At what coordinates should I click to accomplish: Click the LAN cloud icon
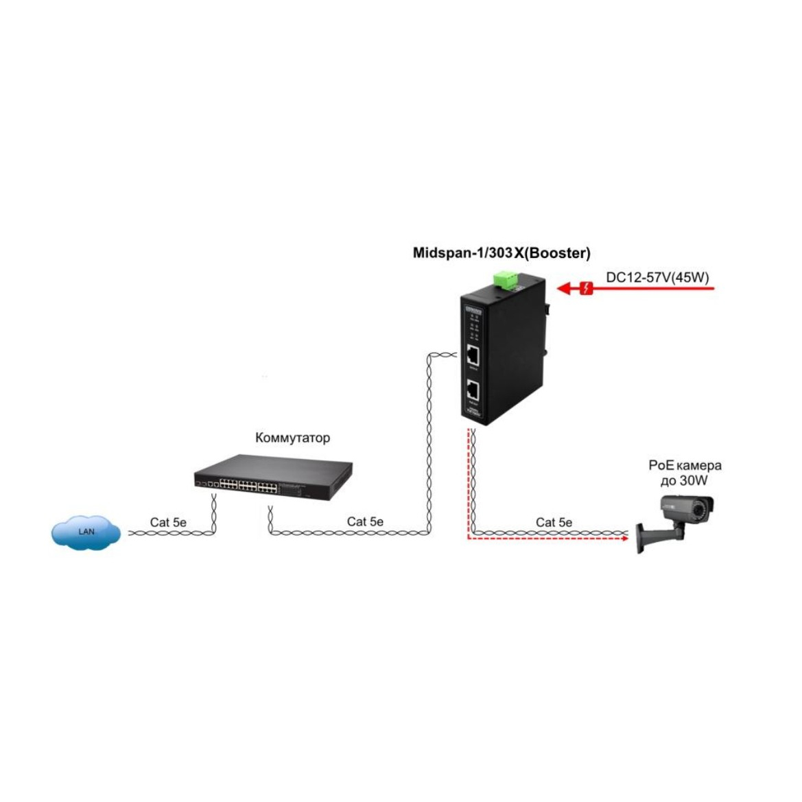[x=86, y=531]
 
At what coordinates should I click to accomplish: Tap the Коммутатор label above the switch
[x=292, y=438]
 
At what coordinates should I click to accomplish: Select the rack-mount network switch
[x=272, y=475]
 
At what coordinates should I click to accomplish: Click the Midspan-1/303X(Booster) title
[x=502, y=253]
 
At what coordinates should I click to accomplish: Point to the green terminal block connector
[x=506, y=279]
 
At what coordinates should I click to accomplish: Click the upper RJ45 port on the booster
[x=473, y=355]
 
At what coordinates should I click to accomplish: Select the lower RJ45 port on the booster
[x=473, y=391]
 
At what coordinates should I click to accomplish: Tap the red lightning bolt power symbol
[x=586, y=288]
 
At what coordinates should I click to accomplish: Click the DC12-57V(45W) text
[x=657, y=277]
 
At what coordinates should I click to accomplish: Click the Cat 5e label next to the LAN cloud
[x=168, y=522]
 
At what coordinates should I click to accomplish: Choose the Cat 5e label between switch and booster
[x=365, y=521]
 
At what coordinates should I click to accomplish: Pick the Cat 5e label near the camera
[x=554, y=522]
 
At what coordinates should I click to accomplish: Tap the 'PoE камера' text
[x=685, y=465]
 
